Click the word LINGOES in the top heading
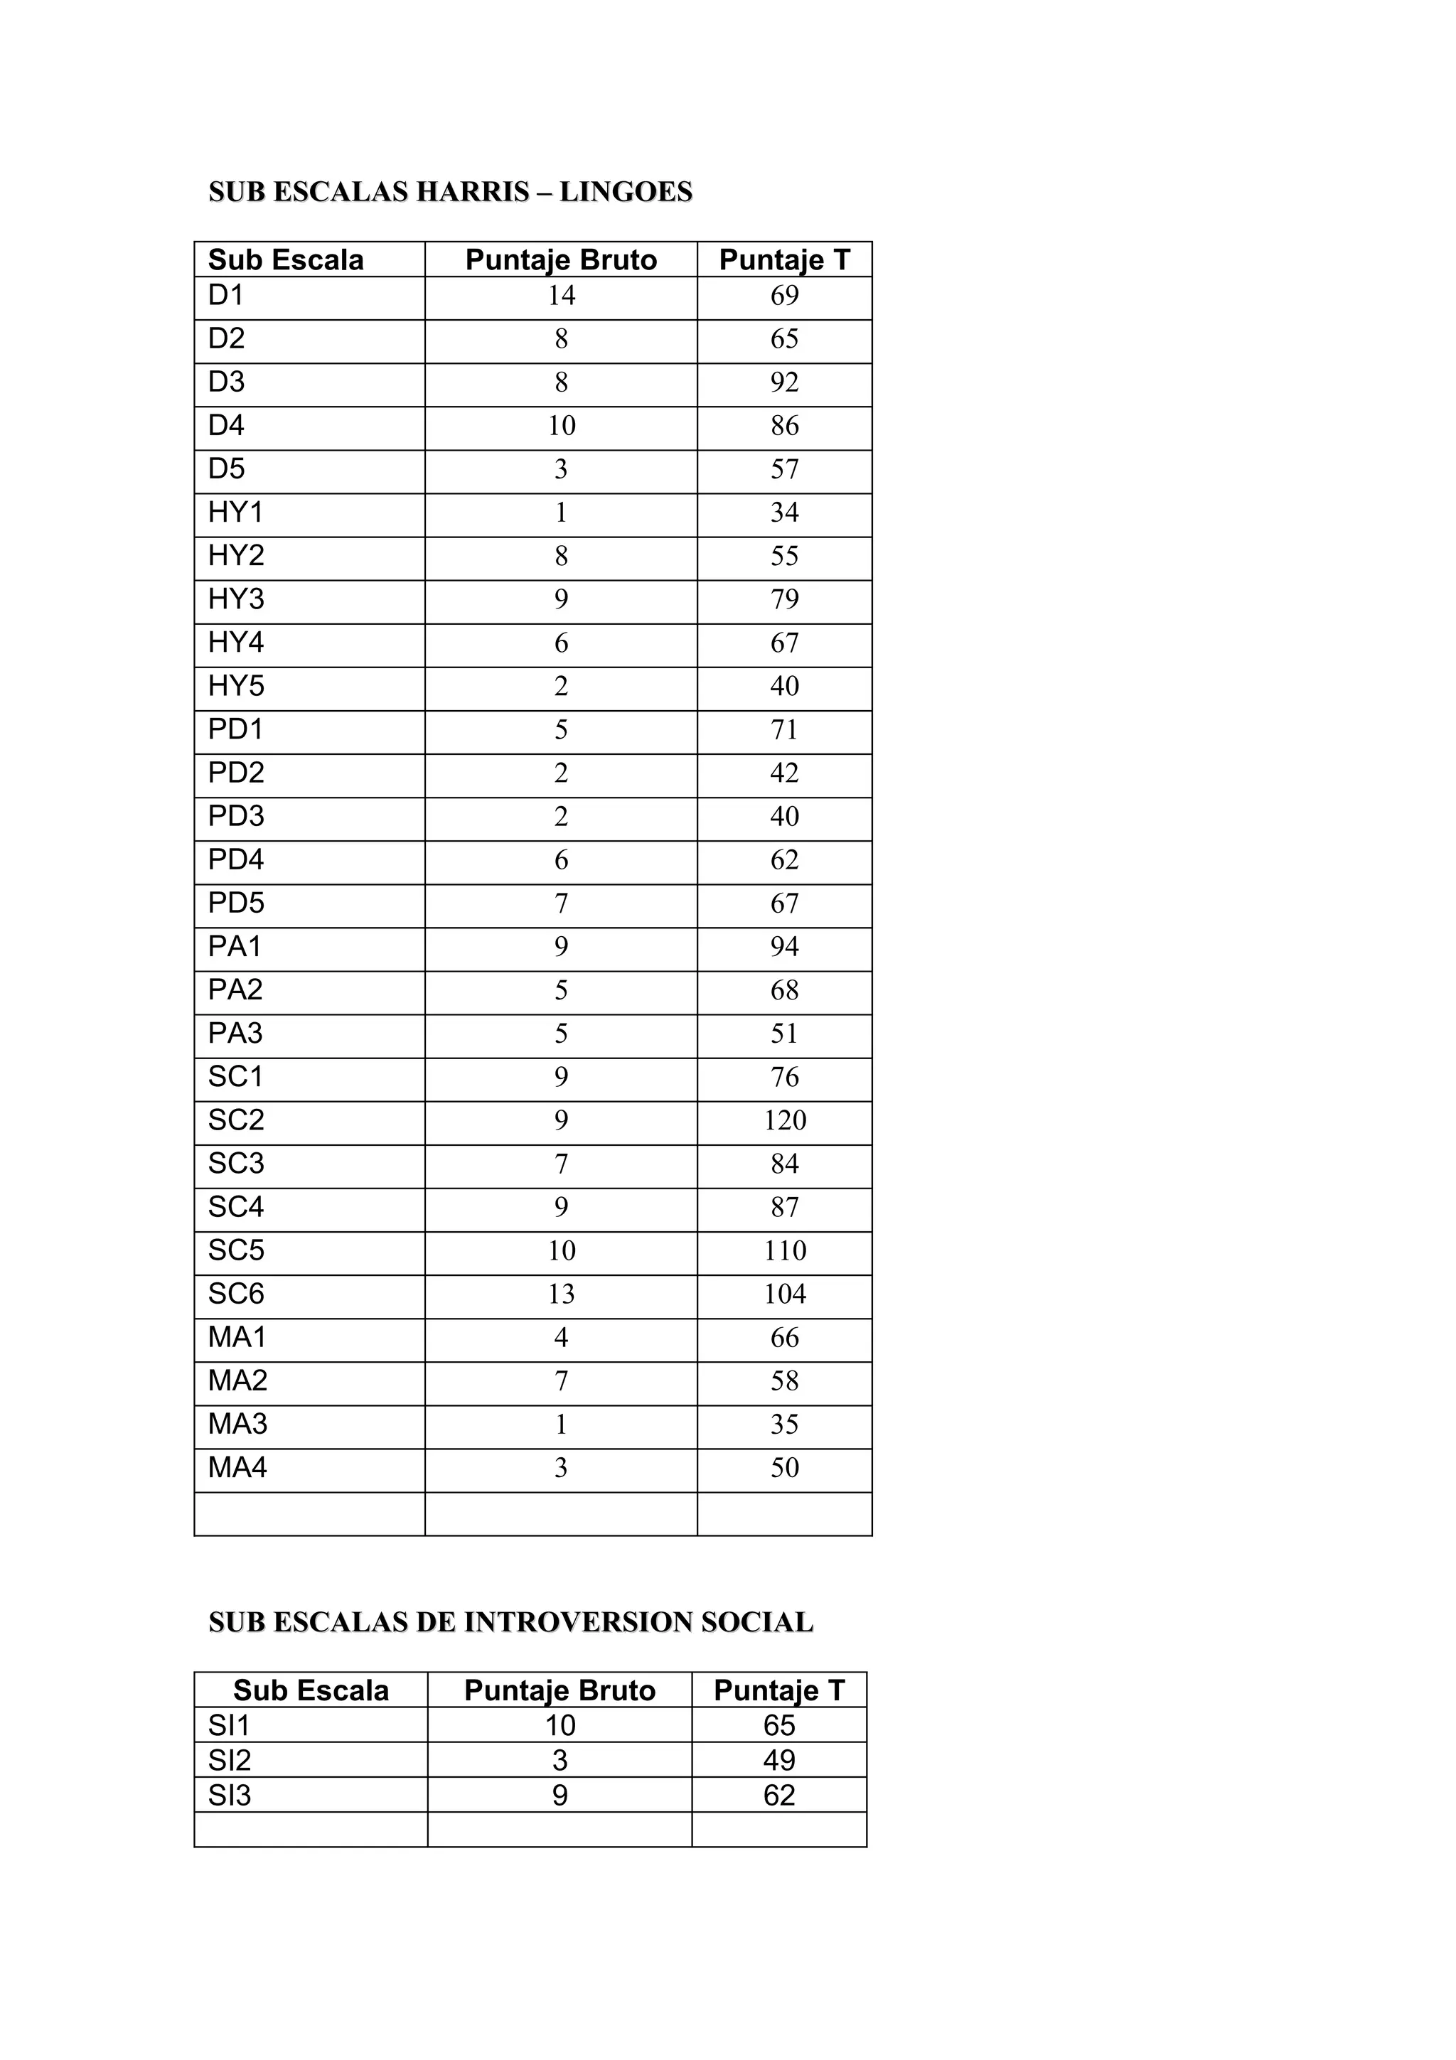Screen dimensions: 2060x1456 (626, 192)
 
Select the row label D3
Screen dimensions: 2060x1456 (226, 382)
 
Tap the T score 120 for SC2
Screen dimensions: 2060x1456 (784, 1120)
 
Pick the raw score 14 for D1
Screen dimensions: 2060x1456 (561, 296)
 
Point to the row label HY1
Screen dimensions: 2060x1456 (235, 513)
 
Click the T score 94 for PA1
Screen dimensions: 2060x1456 (784, 947)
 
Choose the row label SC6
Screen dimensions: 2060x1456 (236, 1294)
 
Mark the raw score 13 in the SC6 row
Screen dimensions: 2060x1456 (561, 1294)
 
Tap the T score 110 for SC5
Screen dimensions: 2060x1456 (784, 1251)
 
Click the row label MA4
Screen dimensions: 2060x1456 (237, 1468)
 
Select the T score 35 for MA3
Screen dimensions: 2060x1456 (784, 1425)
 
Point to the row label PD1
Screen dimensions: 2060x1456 (235, 729)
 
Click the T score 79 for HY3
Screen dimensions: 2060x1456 (784, 599)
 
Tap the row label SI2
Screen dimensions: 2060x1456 (229, 1760)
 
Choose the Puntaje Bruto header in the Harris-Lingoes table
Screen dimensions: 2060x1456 (561, 260)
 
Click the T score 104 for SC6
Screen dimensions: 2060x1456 (784, 1294)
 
